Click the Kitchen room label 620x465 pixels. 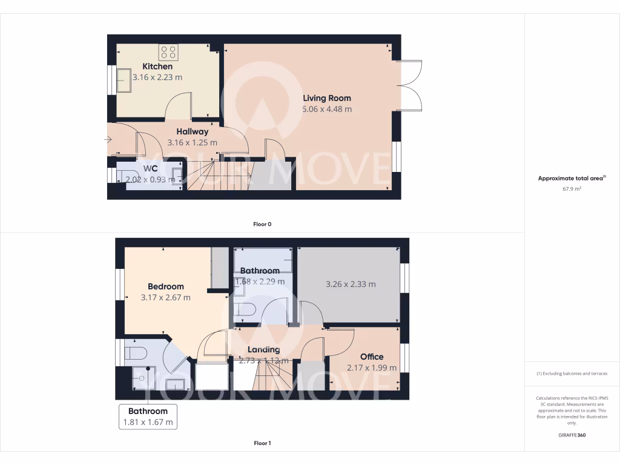tap(157, 67)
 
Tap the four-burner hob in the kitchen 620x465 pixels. tap(168, 52)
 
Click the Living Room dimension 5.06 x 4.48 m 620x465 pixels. tap(327, 110)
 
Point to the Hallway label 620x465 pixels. tap(192, 131)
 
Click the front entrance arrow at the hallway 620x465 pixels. tap(107, 140)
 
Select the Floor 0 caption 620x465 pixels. tap(262, 224)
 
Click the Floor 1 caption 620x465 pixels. tap(262, 443)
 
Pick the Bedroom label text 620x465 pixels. tap(165, 286)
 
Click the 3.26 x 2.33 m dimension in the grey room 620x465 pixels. tap(351, 284)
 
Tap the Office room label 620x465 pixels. tap(372, 357)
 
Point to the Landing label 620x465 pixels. tap(263, 349)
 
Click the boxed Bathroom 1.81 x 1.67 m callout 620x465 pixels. tap(148, 417)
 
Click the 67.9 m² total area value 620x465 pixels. tap(572, 189)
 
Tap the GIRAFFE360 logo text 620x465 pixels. tap(572, 435)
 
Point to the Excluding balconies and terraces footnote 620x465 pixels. tap(572, 374)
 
